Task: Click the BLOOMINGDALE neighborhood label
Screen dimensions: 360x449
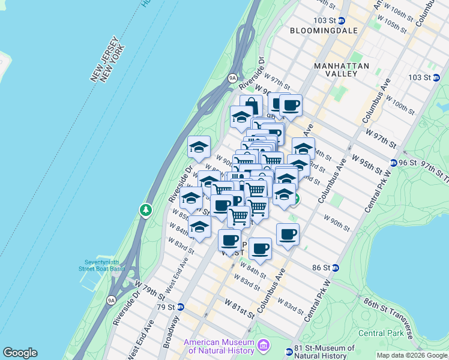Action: pos(324,30)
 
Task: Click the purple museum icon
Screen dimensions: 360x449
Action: pos(263,346)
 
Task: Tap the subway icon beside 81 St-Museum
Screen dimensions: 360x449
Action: pos(288,349)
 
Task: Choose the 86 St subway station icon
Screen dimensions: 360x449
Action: pos(335,268)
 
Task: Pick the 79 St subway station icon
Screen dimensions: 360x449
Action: pos(180,307)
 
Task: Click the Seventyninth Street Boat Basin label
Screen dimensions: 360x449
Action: pos(104,265)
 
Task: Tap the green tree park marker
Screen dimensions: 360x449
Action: pos(145,210)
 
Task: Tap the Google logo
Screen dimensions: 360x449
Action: pos(20,353)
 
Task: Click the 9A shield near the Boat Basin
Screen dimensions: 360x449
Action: pos(110,299)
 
